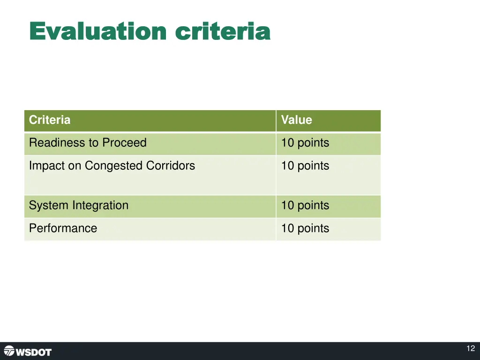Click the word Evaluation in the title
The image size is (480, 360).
97,31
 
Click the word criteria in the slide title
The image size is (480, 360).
223,31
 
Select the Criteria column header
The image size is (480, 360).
50,120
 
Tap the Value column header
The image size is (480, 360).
296,120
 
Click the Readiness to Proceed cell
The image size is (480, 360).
88,143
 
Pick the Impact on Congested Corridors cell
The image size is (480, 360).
112,166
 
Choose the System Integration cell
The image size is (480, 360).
78,205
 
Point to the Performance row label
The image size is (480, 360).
63,228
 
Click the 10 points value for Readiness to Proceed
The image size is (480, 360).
305,143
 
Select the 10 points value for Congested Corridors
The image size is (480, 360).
305,166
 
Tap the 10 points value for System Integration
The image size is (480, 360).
305,205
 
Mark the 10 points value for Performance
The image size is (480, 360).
305,228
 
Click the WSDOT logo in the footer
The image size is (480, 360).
28,352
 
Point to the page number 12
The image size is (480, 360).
471,348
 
